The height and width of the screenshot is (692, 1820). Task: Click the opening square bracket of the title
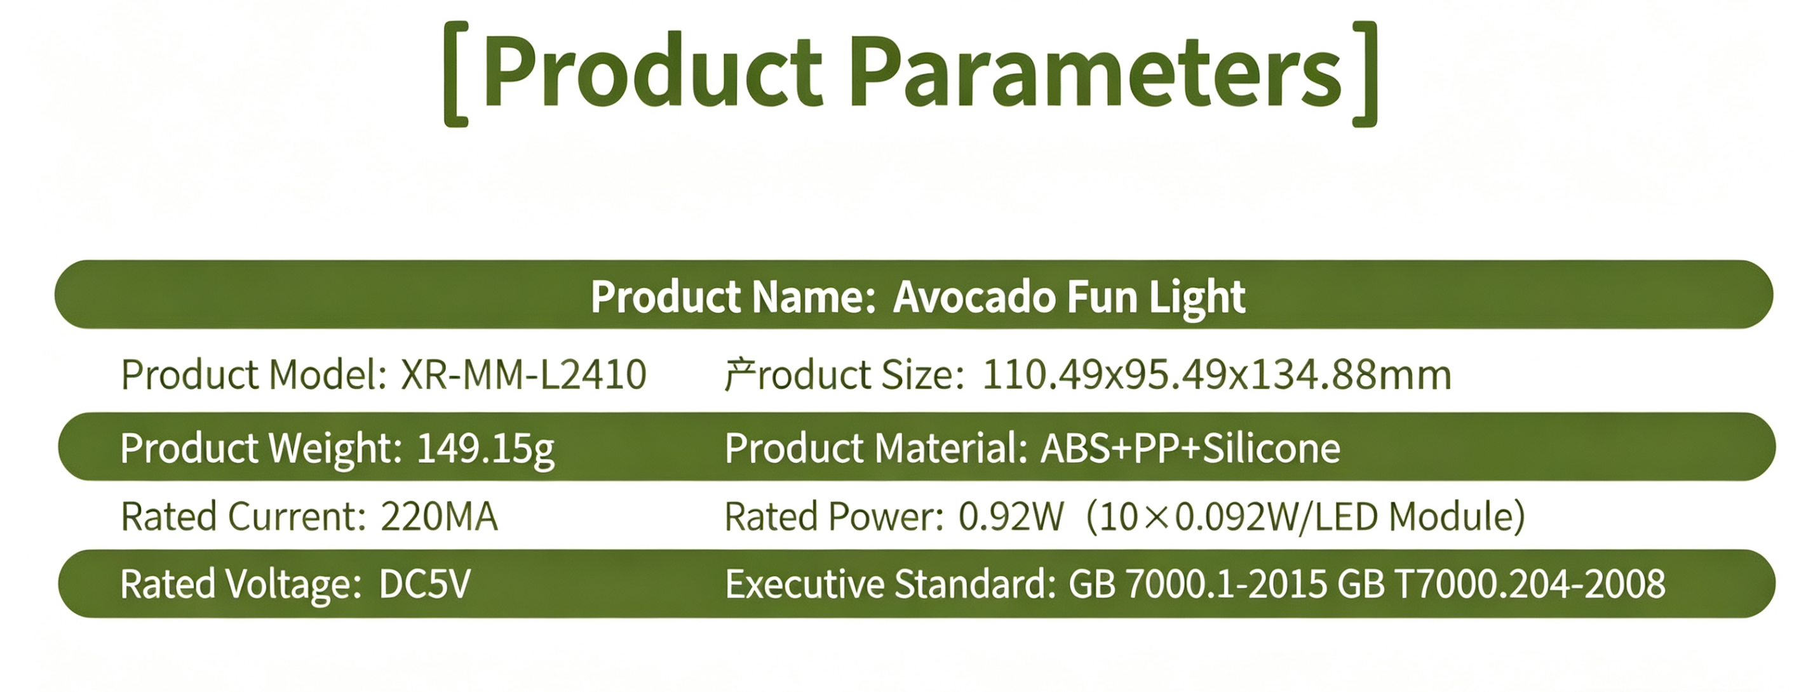455,74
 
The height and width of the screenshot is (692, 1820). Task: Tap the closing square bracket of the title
1365,74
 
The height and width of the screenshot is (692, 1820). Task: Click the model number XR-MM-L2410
523,374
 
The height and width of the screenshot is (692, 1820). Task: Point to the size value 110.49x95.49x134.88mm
1217,374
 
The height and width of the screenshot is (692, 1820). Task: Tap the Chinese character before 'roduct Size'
739,373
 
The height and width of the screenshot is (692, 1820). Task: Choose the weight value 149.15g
485,448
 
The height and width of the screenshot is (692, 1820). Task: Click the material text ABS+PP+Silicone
1190,448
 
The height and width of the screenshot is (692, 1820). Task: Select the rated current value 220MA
439,516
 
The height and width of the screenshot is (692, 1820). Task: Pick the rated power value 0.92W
1010,516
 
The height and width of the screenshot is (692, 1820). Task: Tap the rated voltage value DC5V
424,584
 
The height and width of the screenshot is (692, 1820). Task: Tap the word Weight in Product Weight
335,449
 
